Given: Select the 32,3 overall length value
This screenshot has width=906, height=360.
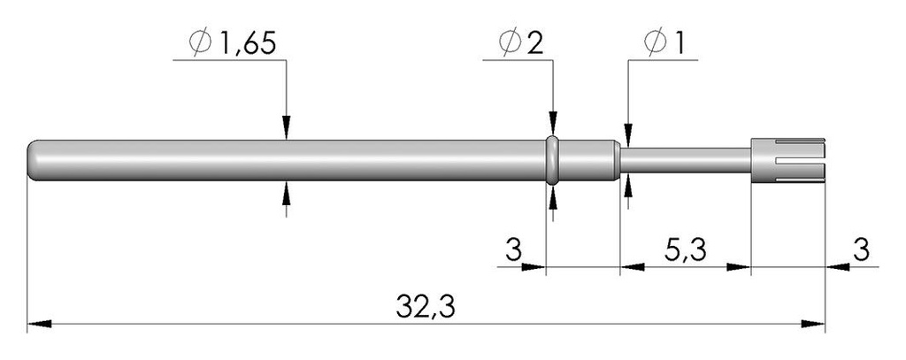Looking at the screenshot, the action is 426,308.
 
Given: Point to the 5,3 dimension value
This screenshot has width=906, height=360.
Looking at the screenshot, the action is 686,251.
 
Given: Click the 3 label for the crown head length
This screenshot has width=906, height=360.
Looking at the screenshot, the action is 861,251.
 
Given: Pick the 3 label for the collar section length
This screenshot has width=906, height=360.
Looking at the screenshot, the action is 514,251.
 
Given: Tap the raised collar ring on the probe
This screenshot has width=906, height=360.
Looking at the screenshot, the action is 552,160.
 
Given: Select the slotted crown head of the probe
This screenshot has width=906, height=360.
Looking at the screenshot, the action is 787,160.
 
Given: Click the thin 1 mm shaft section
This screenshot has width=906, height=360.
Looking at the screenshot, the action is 685,160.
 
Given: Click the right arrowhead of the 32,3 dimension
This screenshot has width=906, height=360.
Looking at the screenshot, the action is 813,324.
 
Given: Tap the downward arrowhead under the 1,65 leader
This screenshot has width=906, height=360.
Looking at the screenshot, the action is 287,127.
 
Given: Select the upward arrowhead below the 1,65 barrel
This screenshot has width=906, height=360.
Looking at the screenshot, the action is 287,193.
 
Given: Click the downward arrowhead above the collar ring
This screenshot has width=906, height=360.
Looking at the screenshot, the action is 553,124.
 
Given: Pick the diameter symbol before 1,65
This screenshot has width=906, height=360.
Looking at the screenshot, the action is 201,44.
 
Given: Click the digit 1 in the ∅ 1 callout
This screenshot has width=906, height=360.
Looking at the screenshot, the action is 677,44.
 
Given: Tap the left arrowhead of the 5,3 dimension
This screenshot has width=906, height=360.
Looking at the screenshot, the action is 632,267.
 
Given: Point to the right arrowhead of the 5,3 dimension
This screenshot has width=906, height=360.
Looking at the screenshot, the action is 738,267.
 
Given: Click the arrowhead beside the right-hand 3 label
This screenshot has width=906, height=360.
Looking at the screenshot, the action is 837,267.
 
